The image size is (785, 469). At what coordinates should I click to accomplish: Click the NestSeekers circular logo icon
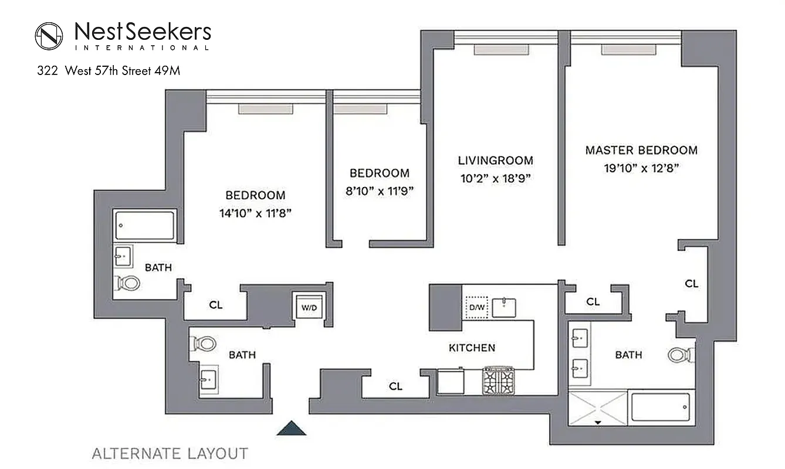point(49,36)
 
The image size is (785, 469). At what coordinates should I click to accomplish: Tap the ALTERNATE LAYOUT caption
point(170,453)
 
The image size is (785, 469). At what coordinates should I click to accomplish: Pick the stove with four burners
point(498,380)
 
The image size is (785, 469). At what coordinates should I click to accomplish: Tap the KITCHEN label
point(472,348)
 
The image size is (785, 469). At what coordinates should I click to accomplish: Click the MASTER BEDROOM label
point(641,150)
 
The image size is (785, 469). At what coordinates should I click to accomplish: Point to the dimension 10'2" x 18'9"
point(496,179)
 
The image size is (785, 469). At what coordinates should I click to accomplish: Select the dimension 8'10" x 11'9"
point(379,192)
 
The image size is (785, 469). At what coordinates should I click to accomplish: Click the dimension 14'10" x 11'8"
point(255,214)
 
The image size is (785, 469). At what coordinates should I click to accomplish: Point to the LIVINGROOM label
point(496,160)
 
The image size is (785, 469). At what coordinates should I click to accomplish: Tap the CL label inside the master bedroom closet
point(692,284)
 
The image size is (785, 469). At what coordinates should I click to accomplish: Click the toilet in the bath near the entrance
point(202,344)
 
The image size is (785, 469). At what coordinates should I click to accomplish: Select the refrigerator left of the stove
point(451,381)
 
